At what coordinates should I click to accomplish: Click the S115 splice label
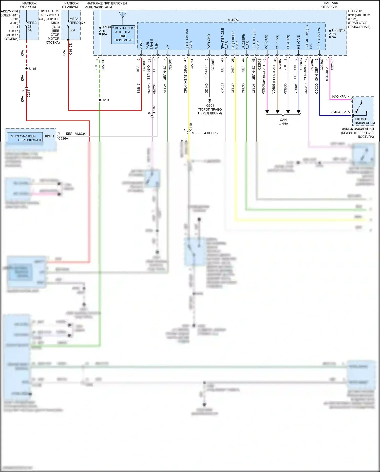point(32,69)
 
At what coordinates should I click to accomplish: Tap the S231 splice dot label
point(105,100)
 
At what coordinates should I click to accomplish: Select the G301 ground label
point(210,106)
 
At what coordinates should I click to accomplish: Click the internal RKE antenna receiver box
point(123,34)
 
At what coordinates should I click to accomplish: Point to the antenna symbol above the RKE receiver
point(123,15)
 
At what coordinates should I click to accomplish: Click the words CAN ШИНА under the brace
point(283,122)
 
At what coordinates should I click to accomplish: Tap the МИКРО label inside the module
point(233,20)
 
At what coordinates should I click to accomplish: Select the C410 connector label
point(191,127)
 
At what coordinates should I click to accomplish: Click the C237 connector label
point(154,109)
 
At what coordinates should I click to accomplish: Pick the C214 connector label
point(28,93)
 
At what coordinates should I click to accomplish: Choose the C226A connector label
point(63,138)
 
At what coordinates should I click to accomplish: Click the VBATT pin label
point(141,44)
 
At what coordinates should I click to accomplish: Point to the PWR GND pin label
point(209,42)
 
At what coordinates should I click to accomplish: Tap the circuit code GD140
point(206,88)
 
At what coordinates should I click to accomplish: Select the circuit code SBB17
point(139,88)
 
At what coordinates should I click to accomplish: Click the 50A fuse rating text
point(72,30)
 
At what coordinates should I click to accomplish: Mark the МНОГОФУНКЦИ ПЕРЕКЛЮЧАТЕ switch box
point(25,138)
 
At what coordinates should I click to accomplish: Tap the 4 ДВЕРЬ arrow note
point(211,133)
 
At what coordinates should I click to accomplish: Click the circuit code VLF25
point(165,88)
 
